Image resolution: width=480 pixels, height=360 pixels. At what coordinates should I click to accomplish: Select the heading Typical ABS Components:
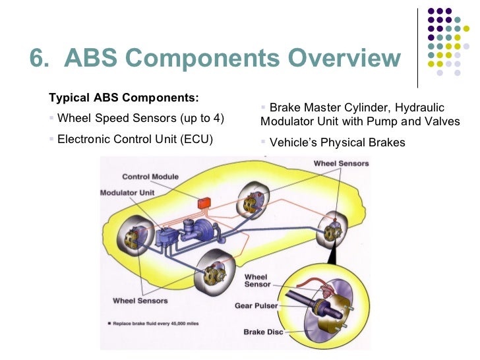(123, 98)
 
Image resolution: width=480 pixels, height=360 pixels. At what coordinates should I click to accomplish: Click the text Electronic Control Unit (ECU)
(135, 140)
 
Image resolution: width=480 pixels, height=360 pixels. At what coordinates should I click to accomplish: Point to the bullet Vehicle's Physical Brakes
(338, 142)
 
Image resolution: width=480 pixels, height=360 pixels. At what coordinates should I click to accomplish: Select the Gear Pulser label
(256, 306)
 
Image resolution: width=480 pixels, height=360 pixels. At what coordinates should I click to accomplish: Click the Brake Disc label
(264, 332)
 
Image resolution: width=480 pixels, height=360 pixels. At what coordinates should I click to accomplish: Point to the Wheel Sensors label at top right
(341, 163)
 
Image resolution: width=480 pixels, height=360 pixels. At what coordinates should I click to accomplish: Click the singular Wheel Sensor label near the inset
(257, 280)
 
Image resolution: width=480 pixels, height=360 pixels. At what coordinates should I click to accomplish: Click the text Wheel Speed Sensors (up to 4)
(140, 119)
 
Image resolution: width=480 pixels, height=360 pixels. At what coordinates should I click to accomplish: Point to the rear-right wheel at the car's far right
(332, 232)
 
